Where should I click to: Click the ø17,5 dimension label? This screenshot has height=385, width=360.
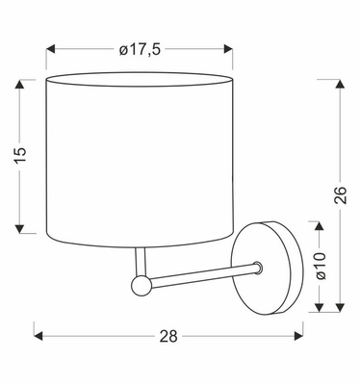tap(140, 50)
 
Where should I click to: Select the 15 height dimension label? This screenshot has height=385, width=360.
tap(20, 156)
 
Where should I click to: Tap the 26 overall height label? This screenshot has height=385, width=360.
tap(341, 194)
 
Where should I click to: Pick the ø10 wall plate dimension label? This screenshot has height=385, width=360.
tap(321, 266)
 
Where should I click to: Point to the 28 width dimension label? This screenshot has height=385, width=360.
tap(168, 336)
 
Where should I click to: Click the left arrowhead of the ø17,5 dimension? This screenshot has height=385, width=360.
tap(51, 49)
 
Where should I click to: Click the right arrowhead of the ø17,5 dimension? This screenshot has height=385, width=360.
tap(228, 49)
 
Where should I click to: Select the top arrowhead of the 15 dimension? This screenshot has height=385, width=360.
tap(19, 84)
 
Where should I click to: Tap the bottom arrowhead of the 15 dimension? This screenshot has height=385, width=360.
tap(19, 229)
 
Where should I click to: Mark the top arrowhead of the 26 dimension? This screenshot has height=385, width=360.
tap(340, 84)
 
